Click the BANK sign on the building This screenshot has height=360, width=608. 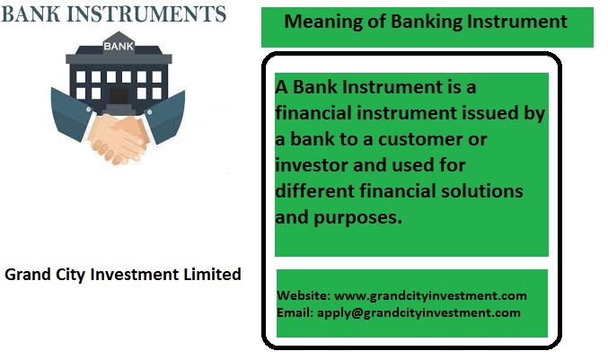[119, 46]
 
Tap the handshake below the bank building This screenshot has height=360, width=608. [119, 138]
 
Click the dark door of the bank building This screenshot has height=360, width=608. [119, 96]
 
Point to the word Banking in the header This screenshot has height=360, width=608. [427, 22]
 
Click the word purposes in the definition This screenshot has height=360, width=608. [358, 218]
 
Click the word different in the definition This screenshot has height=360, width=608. [314, 191]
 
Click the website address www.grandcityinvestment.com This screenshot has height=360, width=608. [430, 296]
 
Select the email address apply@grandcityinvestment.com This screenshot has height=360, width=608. [419, 313]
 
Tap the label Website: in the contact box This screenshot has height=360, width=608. [304, 295]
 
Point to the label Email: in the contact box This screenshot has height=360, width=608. [295, 312]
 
